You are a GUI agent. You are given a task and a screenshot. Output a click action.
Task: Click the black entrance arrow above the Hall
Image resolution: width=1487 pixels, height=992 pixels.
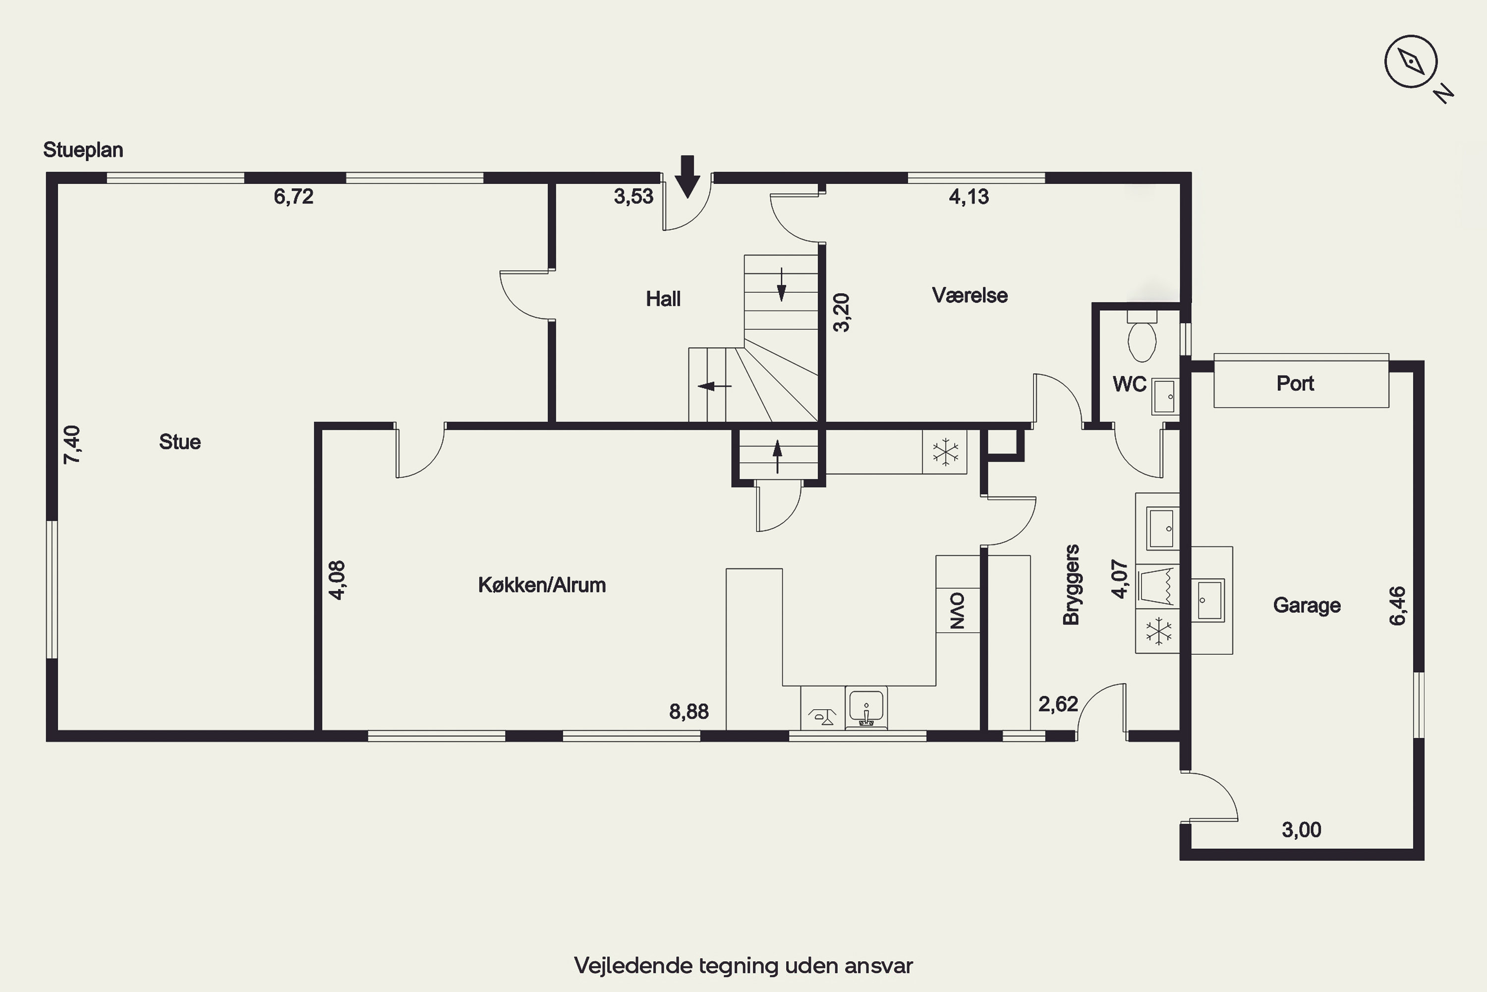click(687, 177)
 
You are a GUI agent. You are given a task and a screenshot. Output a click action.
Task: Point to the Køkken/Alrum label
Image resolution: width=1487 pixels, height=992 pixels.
click(542, 585)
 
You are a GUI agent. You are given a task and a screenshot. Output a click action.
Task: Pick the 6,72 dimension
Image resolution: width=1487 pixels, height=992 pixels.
click(293, 197)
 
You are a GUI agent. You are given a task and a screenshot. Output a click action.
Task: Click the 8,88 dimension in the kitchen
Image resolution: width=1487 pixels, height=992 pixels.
click(689, 712)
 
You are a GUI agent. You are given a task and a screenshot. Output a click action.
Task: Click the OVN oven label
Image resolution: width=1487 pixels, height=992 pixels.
click(958, 611)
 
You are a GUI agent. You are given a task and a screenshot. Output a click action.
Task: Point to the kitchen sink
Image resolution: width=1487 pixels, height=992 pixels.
click(866, 707)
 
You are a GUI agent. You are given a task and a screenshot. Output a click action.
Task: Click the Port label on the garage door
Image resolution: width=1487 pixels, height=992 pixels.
click(1296, 383)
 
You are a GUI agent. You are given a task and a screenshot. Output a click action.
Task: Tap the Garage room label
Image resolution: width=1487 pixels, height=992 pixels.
click(1307, 606)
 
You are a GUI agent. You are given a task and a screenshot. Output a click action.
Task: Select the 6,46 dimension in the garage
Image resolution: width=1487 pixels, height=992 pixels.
click(1397, 606)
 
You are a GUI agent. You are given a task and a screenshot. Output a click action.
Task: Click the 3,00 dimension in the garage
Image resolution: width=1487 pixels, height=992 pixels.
click(1302, 829)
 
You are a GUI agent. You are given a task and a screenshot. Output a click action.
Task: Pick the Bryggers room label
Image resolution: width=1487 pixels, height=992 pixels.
click(1071, 585)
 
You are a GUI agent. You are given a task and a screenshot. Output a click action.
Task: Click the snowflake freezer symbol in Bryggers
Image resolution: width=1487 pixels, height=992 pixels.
click(1158, 631)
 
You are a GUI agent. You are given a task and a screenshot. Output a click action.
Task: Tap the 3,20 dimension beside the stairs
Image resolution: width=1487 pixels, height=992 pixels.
click(842, 312)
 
